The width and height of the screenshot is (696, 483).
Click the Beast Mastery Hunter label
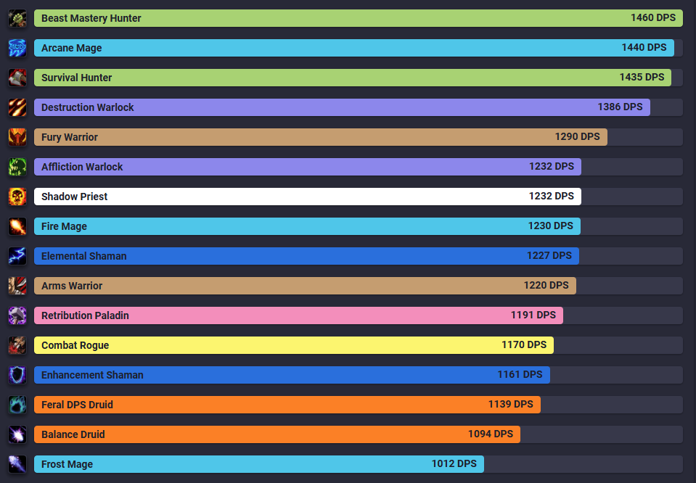tap(91, 18)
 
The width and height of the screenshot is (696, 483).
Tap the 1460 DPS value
tap(652, 17)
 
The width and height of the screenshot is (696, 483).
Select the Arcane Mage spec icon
tap(17, 48)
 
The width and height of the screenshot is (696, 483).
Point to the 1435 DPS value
tap(642, 77)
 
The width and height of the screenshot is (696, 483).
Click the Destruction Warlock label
tap(88, 107)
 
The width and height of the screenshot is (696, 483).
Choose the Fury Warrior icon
tap(17, 137)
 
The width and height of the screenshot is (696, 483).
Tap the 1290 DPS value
tap(577, 136)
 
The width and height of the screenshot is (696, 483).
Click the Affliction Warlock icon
tap(17, 167)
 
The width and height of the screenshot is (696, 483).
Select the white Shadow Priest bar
tap(305, 197)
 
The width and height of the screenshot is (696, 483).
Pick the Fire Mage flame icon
tap(17, 226)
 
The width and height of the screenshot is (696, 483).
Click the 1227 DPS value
tap(549, 255)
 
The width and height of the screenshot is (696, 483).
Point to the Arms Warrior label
tap(72, 286)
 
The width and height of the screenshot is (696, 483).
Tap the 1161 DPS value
tap(520, 374)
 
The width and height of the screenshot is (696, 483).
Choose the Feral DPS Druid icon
tap(17, 405)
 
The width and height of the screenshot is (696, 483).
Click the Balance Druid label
tap(73, 434)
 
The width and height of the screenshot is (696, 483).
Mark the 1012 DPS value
tap(454, 463)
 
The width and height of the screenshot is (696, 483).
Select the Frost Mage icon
tap(17, 464)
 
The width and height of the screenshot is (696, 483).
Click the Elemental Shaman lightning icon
tap(17, 256)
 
